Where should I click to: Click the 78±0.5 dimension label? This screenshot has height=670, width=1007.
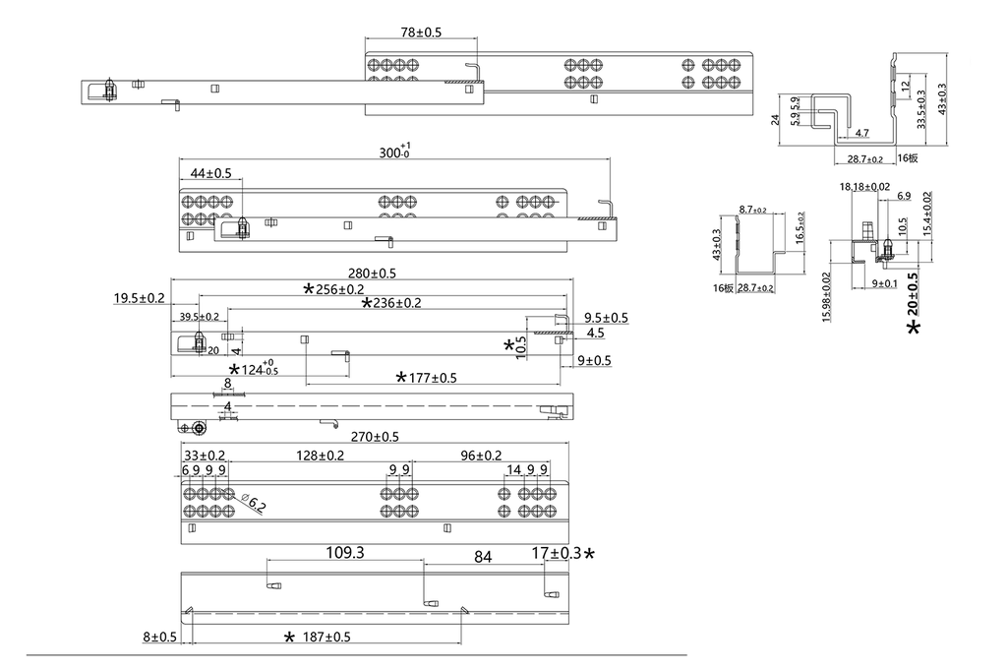coord(421,32)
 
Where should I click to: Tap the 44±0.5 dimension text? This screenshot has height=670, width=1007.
coord(210,173)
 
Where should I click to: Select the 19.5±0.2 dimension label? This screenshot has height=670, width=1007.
coord(139,297)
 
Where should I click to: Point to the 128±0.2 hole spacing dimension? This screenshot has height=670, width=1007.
coord(321,456)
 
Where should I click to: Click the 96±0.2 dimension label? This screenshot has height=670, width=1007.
coord(481,456)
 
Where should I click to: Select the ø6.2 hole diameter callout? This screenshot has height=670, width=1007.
coord(254,506)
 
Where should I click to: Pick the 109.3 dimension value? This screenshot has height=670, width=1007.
coord(345,553)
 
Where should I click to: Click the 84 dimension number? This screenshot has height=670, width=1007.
coord(483,557)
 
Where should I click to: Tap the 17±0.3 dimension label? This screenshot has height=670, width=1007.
coord(557,553)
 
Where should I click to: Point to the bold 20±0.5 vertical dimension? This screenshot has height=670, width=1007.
coord(914,293)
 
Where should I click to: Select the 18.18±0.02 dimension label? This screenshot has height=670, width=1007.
coord(864,187)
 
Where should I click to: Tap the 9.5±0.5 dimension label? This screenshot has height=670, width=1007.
coord(606,318)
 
